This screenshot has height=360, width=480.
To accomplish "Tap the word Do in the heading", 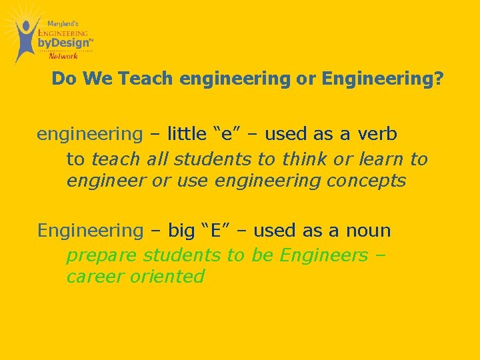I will point(63,79).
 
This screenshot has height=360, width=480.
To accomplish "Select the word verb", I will point(378,134).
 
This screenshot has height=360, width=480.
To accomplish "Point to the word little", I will point(187,134).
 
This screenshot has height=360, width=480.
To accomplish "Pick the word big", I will point(181,231).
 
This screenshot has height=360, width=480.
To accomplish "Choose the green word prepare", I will point(102,255).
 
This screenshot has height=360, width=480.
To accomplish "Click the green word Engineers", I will point(323,255).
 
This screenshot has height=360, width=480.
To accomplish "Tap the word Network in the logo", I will point(63,56).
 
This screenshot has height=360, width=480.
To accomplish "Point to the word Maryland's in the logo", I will point(63,23).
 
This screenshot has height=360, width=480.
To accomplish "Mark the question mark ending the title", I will point(438,79).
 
